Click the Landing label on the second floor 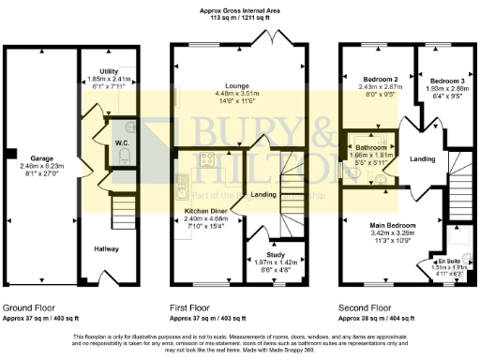tap(423, 159)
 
